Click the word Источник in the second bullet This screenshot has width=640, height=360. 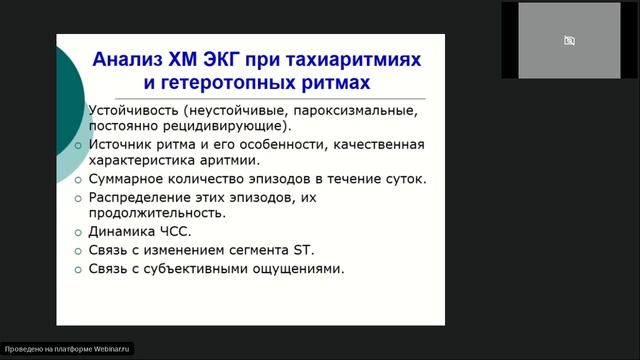coord(124,144)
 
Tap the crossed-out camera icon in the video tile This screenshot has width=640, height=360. coord(569,41)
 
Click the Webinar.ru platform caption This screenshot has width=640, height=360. coord(68,350)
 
